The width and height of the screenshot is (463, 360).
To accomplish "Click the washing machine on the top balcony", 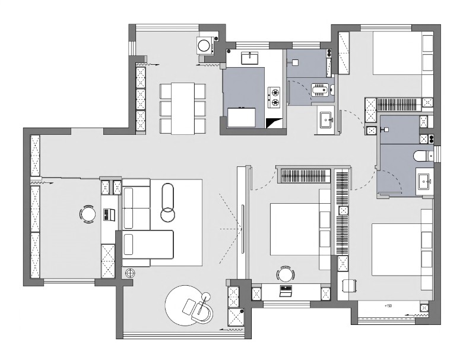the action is tap(205, 45).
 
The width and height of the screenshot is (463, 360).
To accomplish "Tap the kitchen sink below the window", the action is tap(250, 58).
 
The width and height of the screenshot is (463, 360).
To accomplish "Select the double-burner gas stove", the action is tap(274, 97).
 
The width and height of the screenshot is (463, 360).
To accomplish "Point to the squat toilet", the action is tap(319, 90).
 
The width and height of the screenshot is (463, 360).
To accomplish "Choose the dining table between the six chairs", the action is tap(183, 109).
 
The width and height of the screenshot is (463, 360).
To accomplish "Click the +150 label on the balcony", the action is tap(388, 306).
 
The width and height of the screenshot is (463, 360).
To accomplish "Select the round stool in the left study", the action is tap(87, 214).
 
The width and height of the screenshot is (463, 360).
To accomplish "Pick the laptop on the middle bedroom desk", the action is tap(286, 291).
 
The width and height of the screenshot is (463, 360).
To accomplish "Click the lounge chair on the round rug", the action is tap(198, 310).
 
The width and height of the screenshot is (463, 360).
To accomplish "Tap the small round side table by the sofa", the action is tap(168, 214).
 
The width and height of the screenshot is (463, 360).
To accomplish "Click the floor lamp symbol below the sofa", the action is tap(130, 273).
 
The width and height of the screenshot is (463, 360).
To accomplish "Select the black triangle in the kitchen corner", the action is tap(274, 123).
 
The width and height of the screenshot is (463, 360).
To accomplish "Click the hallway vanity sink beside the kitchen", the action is tap(326, 120).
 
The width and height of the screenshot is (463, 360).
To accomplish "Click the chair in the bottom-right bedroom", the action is tap(350, 286).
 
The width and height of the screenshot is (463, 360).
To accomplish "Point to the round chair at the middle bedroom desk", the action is tap(286, 274).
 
